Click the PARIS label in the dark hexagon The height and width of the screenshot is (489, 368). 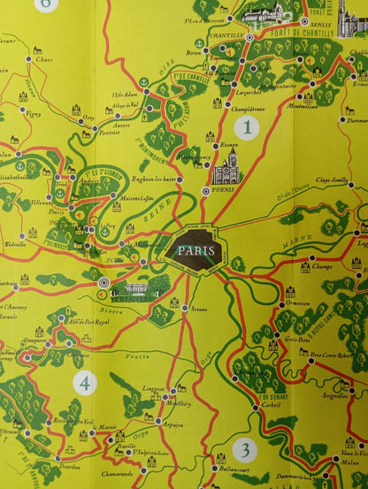(x=195, y=250)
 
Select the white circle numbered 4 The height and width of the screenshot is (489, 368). (x=85, y=383)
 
